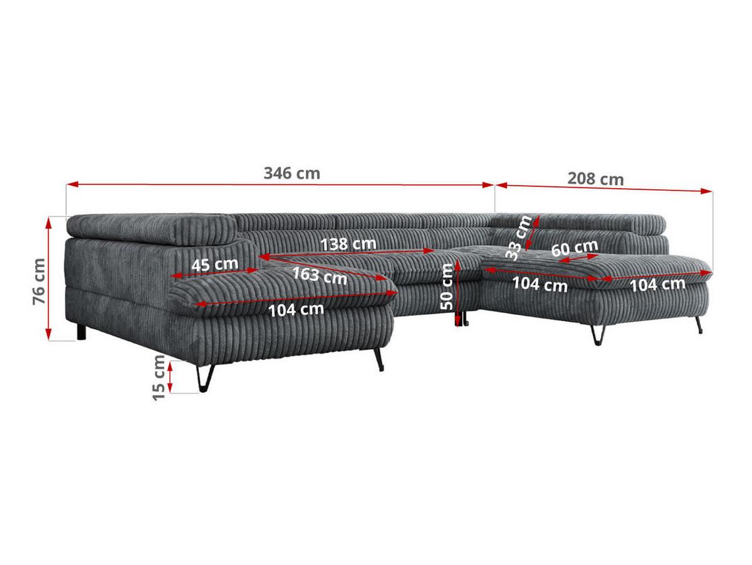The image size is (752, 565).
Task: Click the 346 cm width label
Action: click(x=292, y=174)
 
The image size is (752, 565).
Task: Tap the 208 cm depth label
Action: click(x=595, y=179)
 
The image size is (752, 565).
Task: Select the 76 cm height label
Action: click(x=39, y=281)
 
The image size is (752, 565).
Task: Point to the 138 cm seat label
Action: click(x=348, y=244)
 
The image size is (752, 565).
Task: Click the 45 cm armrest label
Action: click(x=214, y=265)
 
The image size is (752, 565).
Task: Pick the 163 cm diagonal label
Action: click(x=320, y=276)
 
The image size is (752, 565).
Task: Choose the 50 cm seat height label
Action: click(x=447, y=287)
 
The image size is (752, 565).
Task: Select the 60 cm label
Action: click(x=575, y=248)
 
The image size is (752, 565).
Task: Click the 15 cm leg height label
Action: click(x=159, y=378)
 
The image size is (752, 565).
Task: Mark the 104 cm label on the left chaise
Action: click(x=296, y=310)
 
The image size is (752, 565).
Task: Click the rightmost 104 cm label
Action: click(x=657, y=284)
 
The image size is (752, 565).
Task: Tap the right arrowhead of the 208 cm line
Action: click(x=706, y=191)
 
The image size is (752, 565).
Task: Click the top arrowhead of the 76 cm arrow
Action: click(x=49, y=223)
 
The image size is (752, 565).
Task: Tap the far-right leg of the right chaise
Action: click(x=699, y=325)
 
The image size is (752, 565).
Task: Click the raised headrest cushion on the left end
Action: click(x=152, y=228)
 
